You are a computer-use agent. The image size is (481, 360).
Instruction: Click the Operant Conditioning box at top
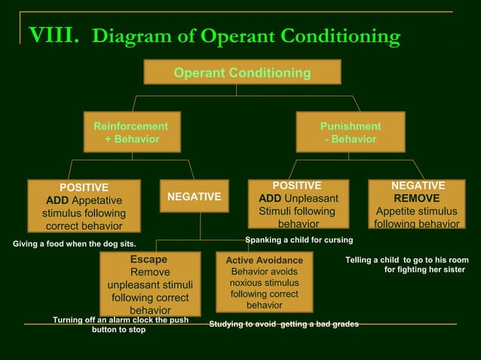tap(242, 72)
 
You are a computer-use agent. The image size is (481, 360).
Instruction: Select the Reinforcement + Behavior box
tap(130, 133)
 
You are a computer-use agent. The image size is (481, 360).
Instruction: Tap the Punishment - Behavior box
tap(350, 133)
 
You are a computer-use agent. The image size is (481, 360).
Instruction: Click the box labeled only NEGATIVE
tap(194, 197)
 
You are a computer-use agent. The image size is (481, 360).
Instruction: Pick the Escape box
tap(149, 284)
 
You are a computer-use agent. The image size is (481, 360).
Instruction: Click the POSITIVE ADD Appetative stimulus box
tap(84, 206)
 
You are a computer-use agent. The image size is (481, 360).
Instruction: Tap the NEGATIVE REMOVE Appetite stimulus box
tap(417, 204)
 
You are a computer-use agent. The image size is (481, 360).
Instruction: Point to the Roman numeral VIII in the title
tap(53, 35)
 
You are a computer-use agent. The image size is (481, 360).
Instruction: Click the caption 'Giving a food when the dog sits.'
tap(75, 244)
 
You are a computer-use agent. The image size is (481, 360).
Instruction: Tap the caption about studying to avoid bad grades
tap(283, 324)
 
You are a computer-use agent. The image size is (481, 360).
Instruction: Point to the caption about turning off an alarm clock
tap(120, 325)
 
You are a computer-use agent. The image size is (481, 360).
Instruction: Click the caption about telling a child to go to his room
tap(407, 264)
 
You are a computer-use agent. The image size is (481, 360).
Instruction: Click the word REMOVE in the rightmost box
tap(417, 198)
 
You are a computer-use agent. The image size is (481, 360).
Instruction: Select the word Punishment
tap(351, 127)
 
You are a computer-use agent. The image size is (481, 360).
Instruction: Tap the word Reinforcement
tap(130, 127)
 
